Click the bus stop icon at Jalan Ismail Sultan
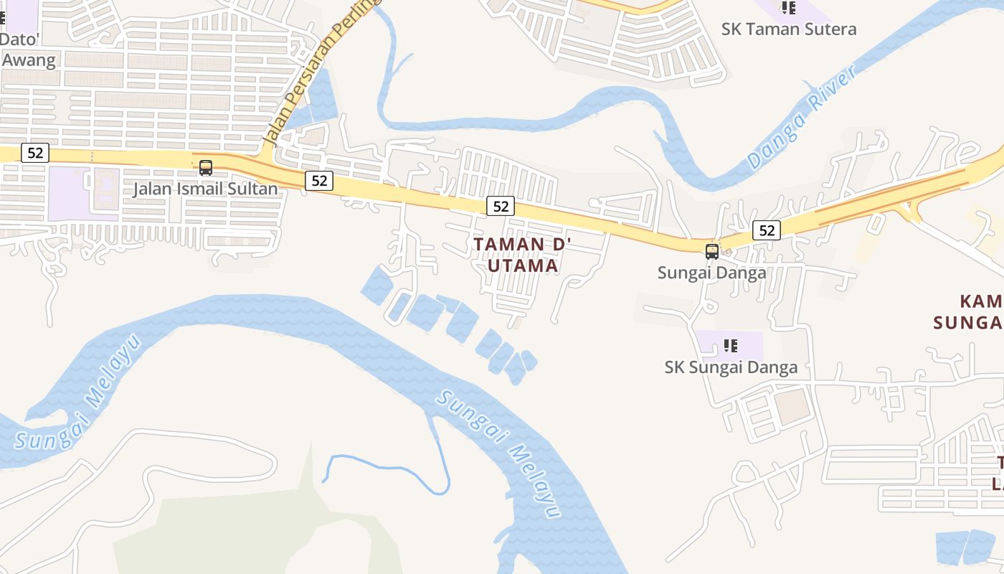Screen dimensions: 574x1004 point(206,168)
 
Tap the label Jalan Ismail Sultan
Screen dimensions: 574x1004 point(205,189)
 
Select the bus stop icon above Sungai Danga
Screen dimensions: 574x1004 point(711,251)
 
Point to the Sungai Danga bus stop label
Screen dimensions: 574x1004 point(711,273)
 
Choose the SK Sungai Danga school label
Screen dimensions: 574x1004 point(731,367)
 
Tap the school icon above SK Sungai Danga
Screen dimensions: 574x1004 point(731,346)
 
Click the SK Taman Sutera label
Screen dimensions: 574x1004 point(789,29)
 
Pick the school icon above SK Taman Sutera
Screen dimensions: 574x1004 point(788,8)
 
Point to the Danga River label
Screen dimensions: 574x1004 point(801,118)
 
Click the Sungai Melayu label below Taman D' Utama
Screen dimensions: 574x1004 point(500,453)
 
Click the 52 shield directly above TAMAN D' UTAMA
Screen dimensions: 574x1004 point(501,207)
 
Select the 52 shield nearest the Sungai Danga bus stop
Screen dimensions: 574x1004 point(767,230)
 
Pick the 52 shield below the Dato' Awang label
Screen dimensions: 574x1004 point(34,152)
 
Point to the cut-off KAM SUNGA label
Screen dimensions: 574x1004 point(969,311)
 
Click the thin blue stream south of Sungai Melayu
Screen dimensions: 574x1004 point(387,468)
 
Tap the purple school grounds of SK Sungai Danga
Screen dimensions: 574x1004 point(746,346)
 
